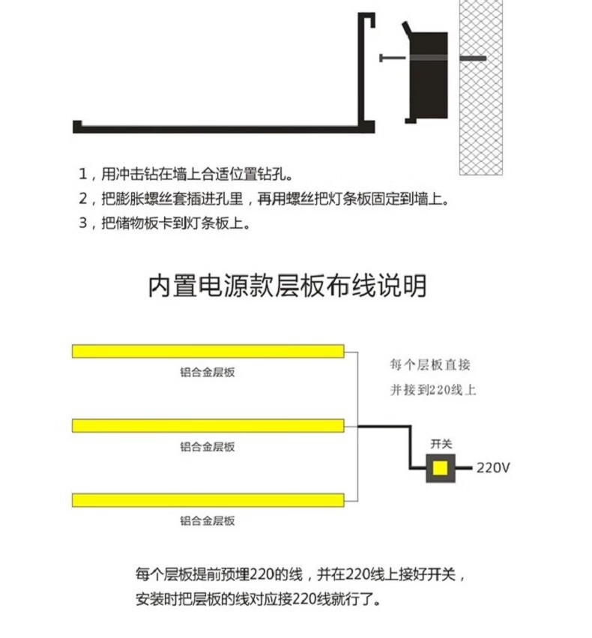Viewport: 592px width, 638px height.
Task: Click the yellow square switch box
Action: pyautogui.click(x=440, y=469)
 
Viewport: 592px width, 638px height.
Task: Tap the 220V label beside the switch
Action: pyautogui.click(x=493, y=469)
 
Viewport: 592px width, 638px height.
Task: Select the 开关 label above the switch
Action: pyautogui.click(x=441, y=444)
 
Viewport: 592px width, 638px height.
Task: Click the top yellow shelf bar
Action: pyautogui.click(x=208, y=351)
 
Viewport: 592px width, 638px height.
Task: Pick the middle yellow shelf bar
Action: pyautogui.click(x=208, y=425)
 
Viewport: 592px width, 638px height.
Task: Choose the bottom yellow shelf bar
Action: pyautogui.click(x=208, y=499)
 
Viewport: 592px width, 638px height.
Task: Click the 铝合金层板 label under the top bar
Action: pyautogui.click(x=208, y=372)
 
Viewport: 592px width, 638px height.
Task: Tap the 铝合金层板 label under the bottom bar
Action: pyautogui.click(x=208, y=520)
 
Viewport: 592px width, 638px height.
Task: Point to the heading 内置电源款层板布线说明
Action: pyautogui.click(x=287, y=286)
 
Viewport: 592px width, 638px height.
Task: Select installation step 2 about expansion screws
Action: pyautogui.click(x=262, y=199)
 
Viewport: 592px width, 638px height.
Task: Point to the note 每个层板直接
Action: pyautogui.click(x=430, y=365)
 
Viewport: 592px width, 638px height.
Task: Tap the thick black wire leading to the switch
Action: pyautogui.click(x=410, y=442)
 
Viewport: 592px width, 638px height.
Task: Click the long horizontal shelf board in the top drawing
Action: pyautogui.click(x=217, y=127)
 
